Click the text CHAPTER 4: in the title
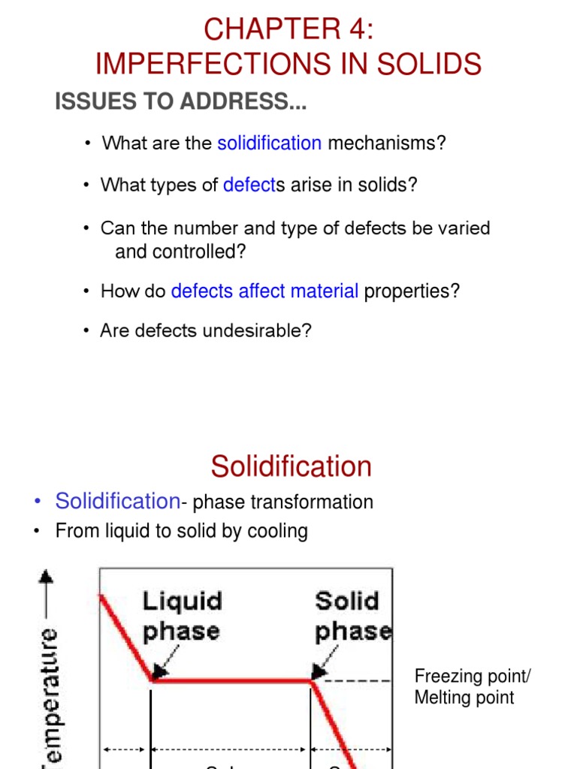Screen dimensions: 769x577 [x=288, y=29]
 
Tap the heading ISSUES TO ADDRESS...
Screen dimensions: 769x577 [x=180, y=103]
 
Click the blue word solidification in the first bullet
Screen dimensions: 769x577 [x=269, y=143]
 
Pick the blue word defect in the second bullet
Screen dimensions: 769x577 [x=249, y=185]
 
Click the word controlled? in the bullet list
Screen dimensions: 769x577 [x=180, y=252]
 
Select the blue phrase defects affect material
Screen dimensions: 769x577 [x=264, y=291]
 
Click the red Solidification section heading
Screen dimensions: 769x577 [x=292, y=466]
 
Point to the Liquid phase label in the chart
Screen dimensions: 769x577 [x=183, y=616]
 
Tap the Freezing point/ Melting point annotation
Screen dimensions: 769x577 [x=472, y=687]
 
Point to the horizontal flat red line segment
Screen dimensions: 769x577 [x=231, y=680]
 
